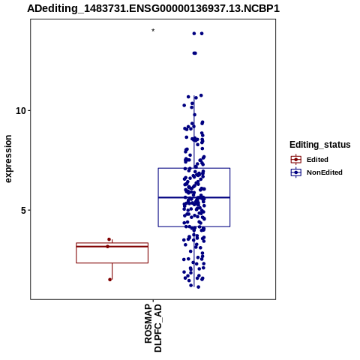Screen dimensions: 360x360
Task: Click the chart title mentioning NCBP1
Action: click(x=153, y=8)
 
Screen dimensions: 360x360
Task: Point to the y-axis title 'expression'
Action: click(x=8, y=159)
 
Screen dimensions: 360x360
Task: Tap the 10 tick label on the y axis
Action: click(x=21, y=110)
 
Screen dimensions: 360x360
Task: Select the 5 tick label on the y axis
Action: click(x=23, y=210)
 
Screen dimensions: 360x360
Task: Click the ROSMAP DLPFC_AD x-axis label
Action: click(x=153, y=328)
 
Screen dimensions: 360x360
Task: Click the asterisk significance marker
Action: click(x=153, y=31)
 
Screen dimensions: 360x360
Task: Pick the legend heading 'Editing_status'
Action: click(x=320, y=145)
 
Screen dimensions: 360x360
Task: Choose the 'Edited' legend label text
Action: click(x=317, y=160)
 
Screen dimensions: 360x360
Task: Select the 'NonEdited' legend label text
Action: click(x=325, y=172)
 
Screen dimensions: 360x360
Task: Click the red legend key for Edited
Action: click(x=296, y=160)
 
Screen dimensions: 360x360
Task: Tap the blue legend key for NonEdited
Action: click(x=296, y=172)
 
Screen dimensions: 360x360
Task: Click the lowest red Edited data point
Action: click(x=110, y=280)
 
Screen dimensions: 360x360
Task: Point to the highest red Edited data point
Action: click(x=109, y=239)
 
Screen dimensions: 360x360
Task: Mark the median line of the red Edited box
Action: click(x=112, y=247)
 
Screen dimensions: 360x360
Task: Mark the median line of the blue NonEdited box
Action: click(x=194, y=197)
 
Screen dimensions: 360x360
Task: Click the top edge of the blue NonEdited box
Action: click(x=194, y=168)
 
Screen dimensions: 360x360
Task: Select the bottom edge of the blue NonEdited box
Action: click(x=194, y=226)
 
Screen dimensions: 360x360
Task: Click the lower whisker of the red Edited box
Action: click(x=112, y=271)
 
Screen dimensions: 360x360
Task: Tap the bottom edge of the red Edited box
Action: click(x=112, y=263)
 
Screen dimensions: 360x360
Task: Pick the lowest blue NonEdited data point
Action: click(x=198, y=287)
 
